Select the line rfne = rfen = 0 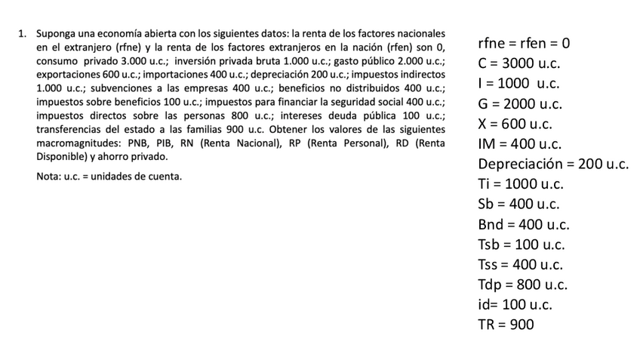coord(523,43)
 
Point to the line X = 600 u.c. coord(515,124)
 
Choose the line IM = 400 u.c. coord(519,143)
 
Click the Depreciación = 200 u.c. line coord(553,164)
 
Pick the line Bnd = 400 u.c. coord(523,224)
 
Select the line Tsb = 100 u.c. coord(521,245)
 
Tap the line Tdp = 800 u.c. coord(522,285)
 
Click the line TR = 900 coord(506,325)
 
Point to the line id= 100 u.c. coord(515,305)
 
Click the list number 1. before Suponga coord(23,34)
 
